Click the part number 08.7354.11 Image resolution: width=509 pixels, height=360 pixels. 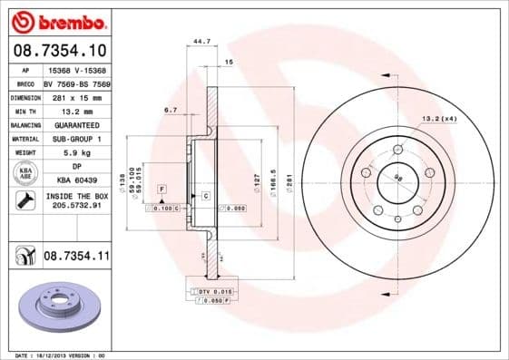coord(75,258)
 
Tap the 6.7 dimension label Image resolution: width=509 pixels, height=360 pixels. coord(170,109)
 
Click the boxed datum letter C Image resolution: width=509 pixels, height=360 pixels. coord(206,196)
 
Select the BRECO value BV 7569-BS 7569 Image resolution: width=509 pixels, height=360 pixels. coord(75,83)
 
